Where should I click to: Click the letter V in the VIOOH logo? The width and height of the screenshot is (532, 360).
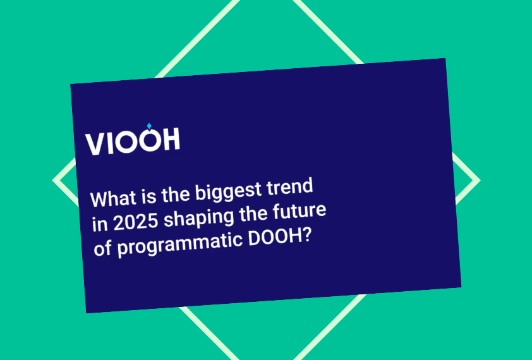[x=97, y=145]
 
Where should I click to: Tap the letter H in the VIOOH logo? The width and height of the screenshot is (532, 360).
[x=169, y=140]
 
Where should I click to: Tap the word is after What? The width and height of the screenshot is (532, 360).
[x=147, y=196]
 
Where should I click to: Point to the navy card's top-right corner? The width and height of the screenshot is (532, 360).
[x=445, y=59]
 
